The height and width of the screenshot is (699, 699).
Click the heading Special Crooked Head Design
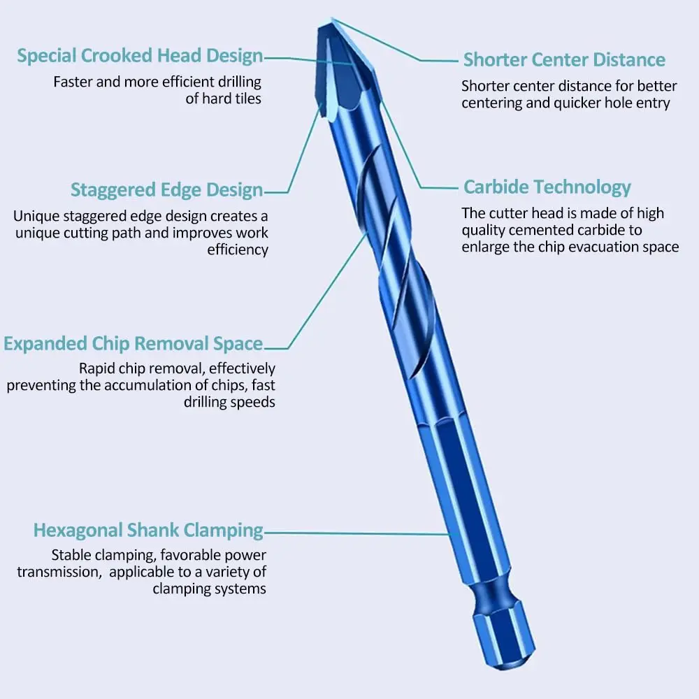coord(140,56)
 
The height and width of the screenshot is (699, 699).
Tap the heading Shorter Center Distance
coord(564,59)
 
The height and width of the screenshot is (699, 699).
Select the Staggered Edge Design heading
coord(166,190)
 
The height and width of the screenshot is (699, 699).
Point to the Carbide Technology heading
coord(547,187)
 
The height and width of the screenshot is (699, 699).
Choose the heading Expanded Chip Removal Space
coord(133,344)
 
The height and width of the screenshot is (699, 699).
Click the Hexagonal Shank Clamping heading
coord(148,531)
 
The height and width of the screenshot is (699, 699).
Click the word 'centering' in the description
coord(494,103)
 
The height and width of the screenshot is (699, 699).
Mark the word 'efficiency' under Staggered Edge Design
coord(238,250)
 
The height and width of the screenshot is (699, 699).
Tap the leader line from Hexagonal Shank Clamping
coord(356,533)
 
